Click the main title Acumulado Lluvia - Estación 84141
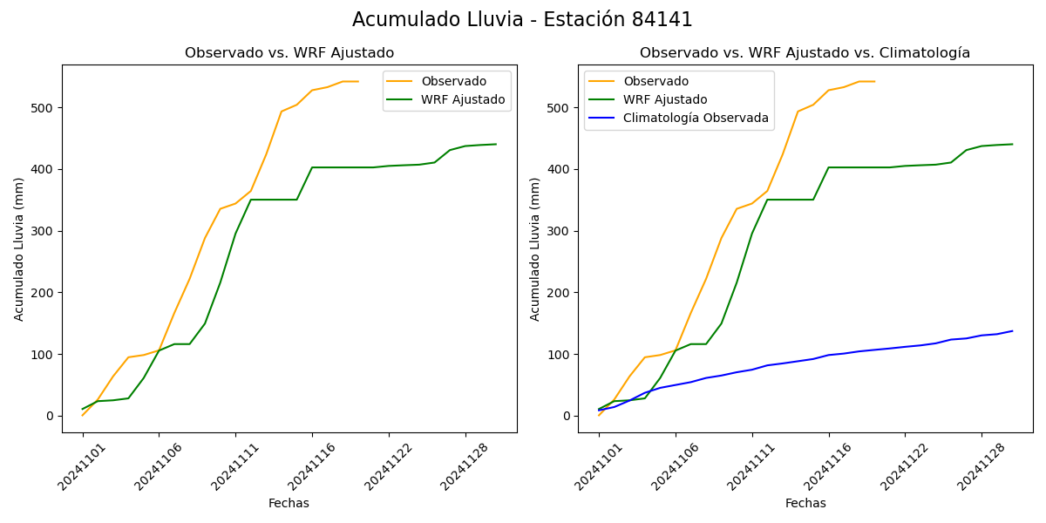(522, 20)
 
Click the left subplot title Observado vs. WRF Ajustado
(289, 53)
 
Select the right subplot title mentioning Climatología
(805, 53)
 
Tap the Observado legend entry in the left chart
(453, 81)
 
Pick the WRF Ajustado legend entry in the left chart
(463, 99)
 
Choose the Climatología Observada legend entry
(696, 118)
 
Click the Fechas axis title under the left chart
(289, 503)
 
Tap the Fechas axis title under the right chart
(805, 503)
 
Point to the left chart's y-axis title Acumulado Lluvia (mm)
(19, 248)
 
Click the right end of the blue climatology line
(1012, 331)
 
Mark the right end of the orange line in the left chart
(358, 81)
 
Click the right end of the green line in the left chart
(496, 144)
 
